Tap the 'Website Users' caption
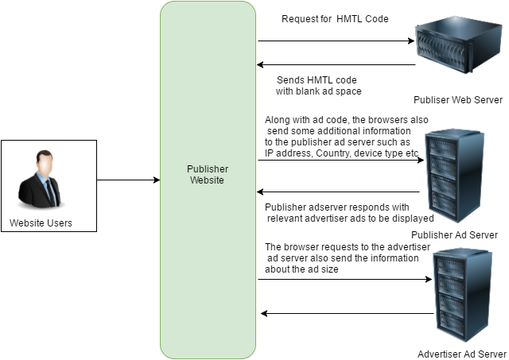[41, 223]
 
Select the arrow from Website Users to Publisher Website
[128, 180]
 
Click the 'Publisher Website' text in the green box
[208, 175]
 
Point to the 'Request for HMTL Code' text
[335, 18]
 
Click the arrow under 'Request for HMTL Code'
[336, 40]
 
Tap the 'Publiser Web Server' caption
[457, 100]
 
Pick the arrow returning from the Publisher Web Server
[336, 65]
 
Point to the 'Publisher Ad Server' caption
[455, 235]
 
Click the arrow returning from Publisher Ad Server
[338, 192]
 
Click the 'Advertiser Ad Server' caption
[462, 354]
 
